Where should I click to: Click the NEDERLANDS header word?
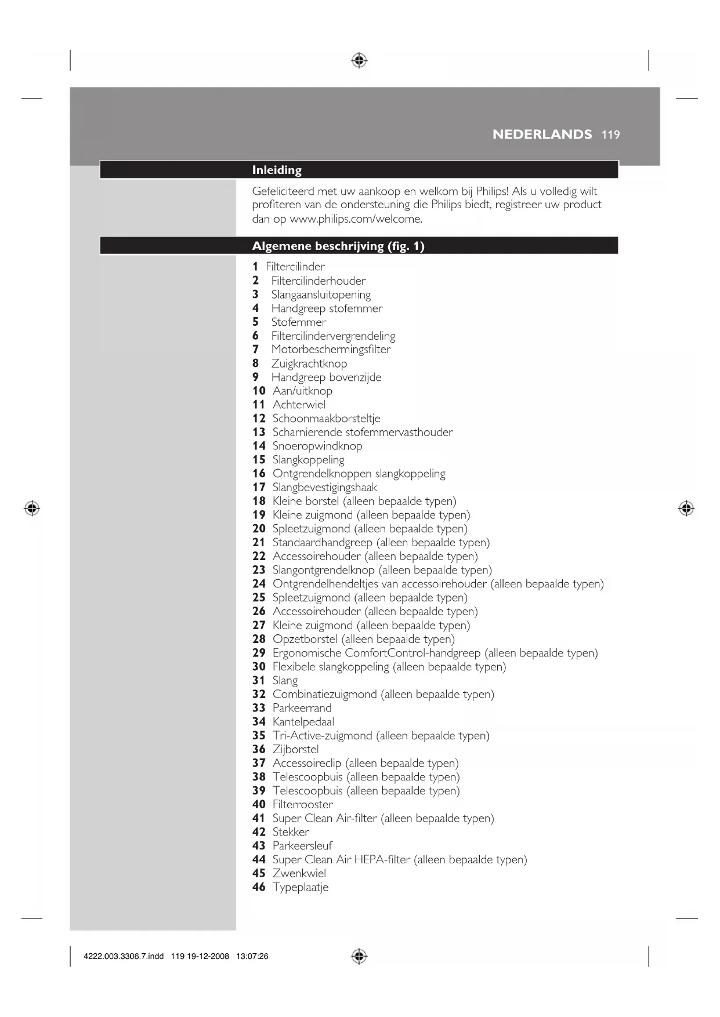pos(542,135)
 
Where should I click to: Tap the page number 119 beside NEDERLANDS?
pos(611,135)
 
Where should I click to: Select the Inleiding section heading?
pos(277,170)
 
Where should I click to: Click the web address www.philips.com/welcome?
pos(356,219)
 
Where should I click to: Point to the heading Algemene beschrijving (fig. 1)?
pos(338,246)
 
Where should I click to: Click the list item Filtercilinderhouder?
pos(319,281)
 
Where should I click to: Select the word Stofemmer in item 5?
pos(299,322)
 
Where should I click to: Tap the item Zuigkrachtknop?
pos(309,364)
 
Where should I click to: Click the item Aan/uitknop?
pos(302,391)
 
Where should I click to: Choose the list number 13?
pos(259,432)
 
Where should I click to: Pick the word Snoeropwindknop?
pos(317,446)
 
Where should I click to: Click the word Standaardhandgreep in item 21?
pos(322,543)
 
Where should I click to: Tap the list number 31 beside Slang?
pos(259,681)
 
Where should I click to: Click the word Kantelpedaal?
pos(303,722)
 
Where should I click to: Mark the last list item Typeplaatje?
pos(301,887)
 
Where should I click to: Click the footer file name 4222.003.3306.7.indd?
pos(124,956)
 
